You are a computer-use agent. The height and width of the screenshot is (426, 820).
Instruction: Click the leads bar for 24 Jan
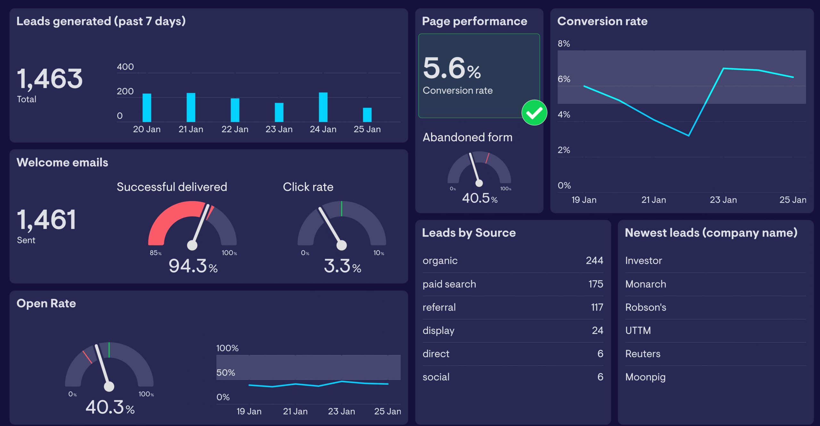click(323, 107)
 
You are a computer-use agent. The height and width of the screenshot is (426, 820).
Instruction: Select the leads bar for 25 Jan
click(367, 115)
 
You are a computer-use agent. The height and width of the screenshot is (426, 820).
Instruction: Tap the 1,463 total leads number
click(50, 79)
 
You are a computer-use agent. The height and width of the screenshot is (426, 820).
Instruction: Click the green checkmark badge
click(534, 113)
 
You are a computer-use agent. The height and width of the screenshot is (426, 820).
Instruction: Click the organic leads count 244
click(594, 261)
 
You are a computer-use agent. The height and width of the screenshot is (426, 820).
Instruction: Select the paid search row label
click(449, 284)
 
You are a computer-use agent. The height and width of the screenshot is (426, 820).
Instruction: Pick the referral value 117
click(597, 307)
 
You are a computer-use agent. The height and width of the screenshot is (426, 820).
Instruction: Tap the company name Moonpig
click(645, 377)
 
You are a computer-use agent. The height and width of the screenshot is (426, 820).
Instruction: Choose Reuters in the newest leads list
click(643, 354)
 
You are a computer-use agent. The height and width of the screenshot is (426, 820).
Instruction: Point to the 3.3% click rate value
click(342, 266)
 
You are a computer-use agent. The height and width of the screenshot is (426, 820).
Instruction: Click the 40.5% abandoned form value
click(480, 198)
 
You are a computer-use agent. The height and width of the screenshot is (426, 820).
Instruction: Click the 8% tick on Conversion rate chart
click(564, 44)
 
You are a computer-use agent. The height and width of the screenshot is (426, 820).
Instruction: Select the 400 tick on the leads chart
click(125, 67)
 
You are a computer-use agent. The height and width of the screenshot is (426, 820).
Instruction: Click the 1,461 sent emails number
click(46, 220)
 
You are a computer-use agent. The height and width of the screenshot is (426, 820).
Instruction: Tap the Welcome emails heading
click(62, 163)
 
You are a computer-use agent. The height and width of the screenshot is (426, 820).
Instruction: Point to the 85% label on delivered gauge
click(155, 253)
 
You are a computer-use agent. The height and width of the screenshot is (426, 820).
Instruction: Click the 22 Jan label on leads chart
click(235, 129)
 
